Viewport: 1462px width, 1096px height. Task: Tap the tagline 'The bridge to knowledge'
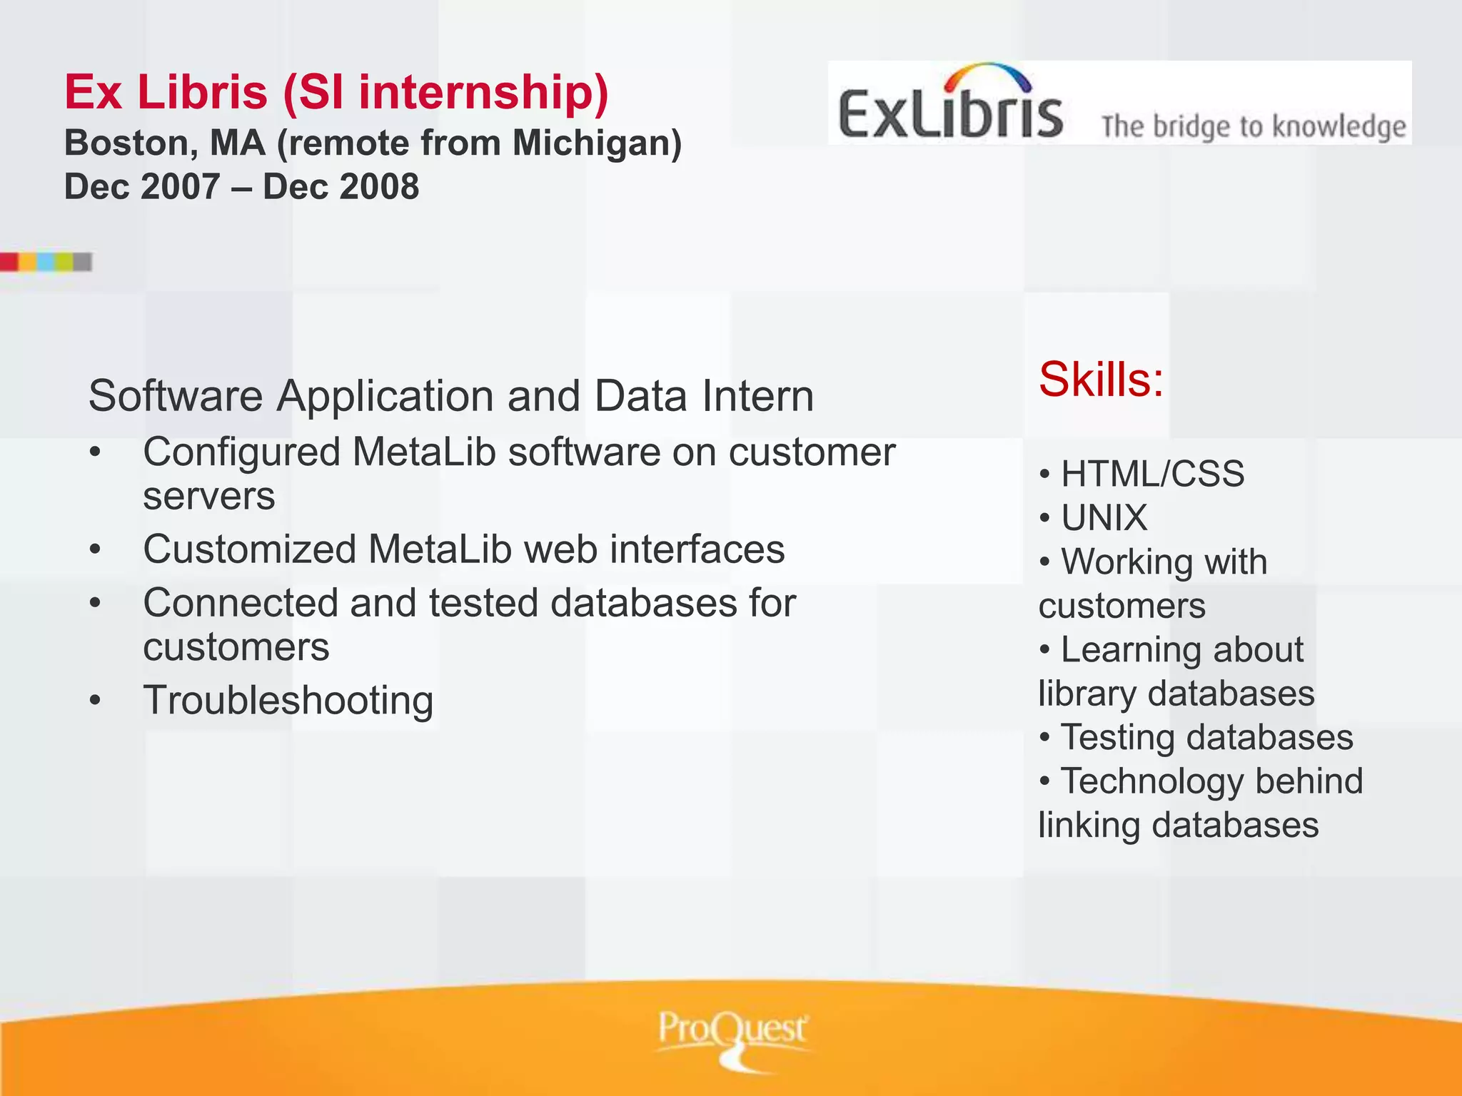click(1253, 126)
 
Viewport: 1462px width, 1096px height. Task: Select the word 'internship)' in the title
click(483, 93)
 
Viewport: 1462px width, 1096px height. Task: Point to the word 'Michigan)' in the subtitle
click(597, 143)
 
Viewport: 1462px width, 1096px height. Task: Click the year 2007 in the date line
click(180, 187)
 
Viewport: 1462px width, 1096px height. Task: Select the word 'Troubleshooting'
click(288, 701)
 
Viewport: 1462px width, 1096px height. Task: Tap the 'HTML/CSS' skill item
click(1152, 474)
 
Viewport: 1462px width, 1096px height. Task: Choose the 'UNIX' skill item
click(1104, 517)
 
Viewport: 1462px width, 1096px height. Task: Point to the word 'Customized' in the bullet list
click(249, 549)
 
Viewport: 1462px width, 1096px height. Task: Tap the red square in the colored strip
click(9, 262)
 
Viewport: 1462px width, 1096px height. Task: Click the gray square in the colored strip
click(83, 262)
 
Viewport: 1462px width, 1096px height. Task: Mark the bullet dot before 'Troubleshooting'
click(96, 701)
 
